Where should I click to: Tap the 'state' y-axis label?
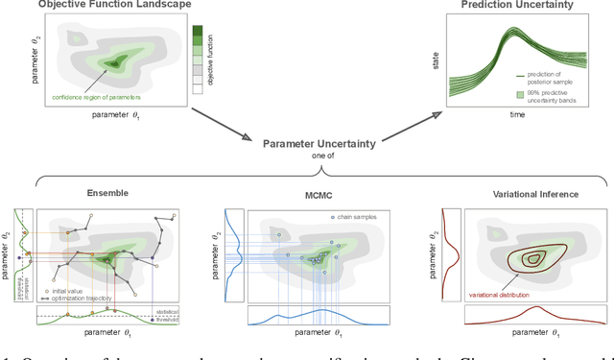tap(436, 62)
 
